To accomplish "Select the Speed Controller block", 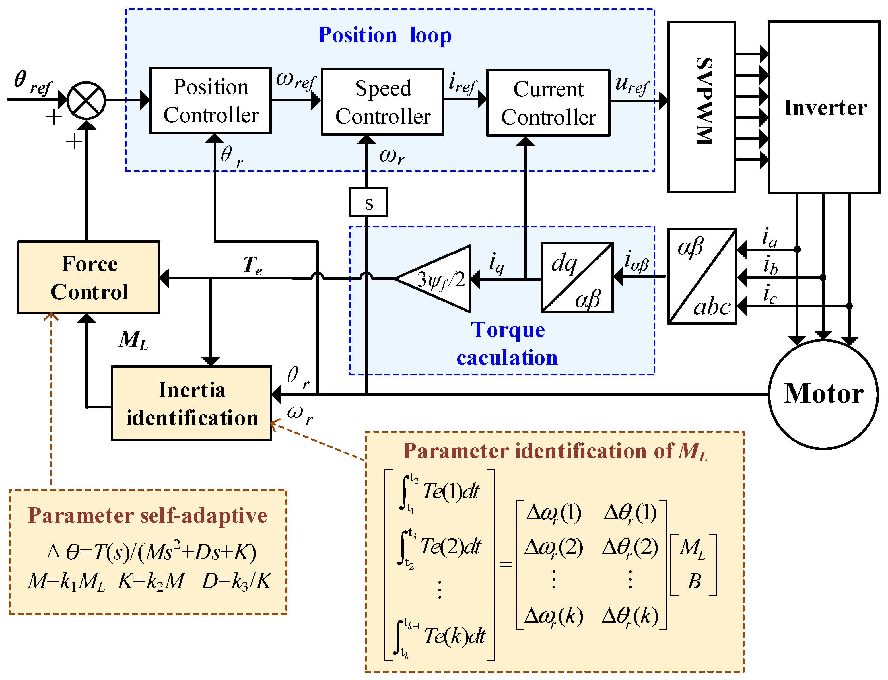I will tap(382, 102).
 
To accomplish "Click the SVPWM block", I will tap(701, 106).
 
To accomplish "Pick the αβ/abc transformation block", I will tap(702, 277).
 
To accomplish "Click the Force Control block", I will tap(89, 278).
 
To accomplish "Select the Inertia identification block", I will tap(191, 403).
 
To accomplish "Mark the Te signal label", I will tap(252, 265).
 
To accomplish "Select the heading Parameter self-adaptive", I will tap(147, 515).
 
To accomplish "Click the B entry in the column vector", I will tap(694, 581).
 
